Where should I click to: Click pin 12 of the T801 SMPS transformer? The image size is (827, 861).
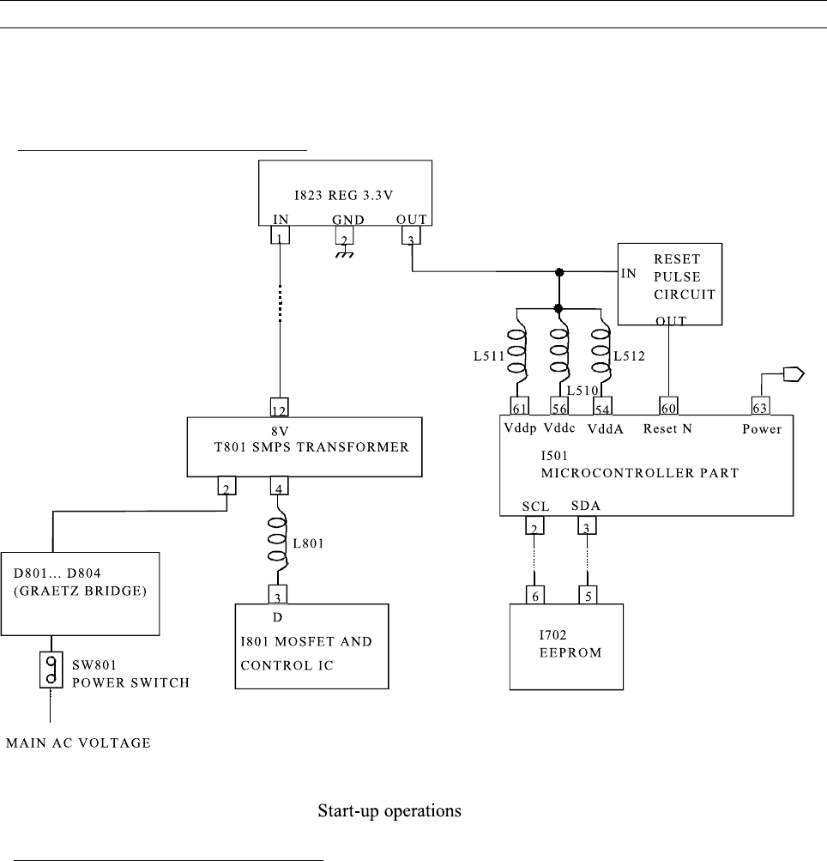(280, 406)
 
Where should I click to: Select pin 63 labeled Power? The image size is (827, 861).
(760, 406)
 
